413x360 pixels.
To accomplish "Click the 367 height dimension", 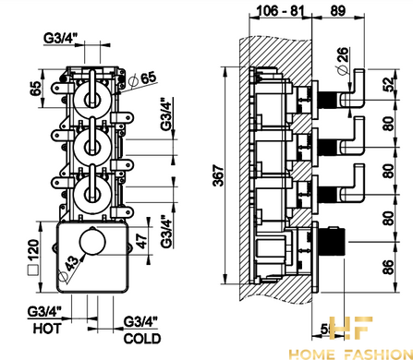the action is (219, 175).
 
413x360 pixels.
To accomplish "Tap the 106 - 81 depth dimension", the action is (280, 11).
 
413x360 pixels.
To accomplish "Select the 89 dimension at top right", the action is (338, 11).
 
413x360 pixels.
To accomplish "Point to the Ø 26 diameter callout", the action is (343, 61).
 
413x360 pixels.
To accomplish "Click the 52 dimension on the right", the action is (389, 85).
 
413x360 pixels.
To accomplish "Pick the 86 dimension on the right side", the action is (389, 267).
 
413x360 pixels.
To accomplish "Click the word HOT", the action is (47, 329).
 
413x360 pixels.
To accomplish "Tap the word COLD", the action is (142, 339).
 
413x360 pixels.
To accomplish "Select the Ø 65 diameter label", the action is (142, 79).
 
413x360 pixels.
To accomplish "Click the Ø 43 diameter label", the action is (68, 269).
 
